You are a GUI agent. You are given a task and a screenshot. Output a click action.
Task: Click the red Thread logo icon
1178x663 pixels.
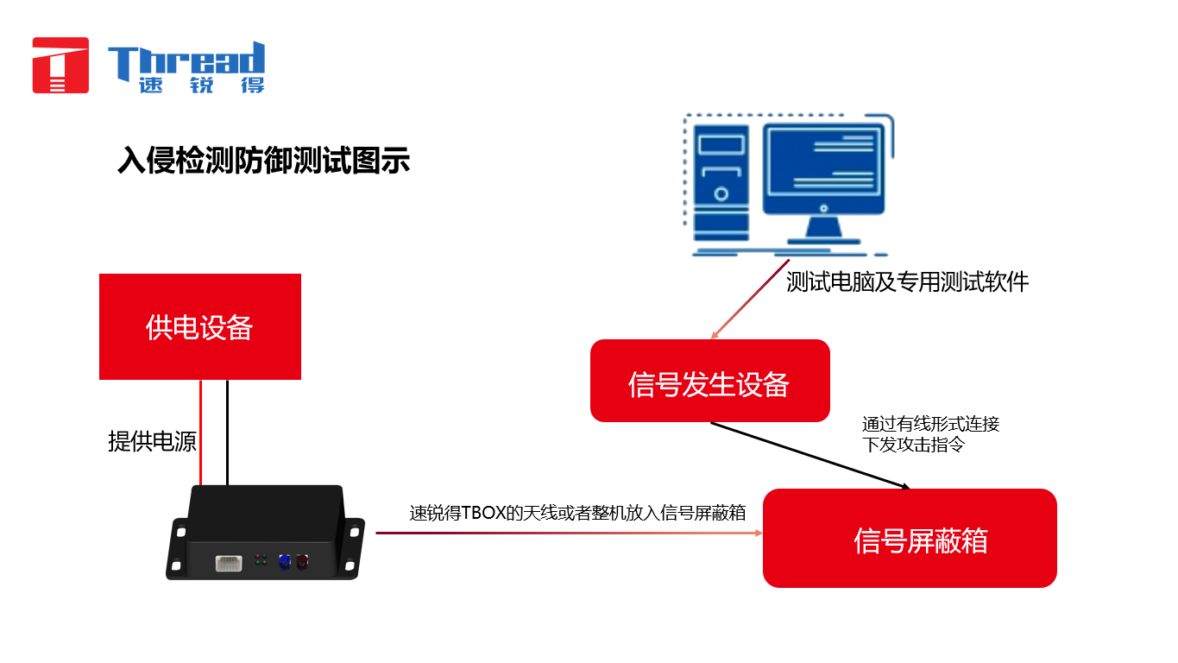point(60,66)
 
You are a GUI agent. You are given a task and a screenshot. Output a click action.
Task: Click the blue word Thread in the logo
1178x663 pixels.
point(186,60)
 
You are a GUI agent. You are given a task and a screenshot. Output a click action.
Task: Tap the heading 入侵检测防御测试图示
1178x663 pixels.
point(263,160)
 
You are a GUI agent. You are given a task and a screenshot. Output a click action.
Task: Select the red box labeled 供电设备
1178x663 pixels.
point(200,327)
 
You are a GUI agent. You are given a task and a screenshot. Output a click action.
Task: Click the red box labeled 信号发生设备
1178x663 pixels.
point(710,381)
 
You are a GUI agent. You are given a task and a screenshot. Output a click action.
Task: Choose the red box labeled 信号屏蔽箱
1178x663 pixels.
point(910,539)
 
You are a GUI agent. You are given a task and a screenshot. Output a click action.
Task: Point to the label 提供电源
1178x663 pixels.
point(152,441)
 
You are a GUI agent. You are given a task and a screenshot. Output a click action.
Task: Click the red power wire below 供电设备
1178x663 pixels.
point(201,433)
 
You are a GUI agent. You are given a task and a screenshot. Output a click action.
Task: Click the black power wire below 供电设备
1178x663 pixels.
point(227,433)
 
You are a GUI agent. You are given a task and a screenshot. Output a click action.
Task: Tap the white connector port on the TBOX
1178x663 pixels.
point(229,563)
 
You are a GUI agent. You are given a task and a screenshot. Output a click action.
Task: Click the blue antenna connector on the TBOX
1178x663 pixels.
point(285,562)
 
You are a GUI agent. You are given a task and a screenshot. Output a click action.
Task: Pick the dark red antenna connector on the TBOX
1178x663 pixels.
point(302,562)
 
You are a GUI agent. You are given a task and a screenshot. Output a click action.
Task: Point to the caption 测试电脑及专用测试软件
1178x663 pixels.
point(907,282)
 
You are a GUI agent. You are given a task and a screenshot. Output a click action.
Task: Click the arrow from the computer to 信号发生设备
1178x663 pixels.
point(751,299)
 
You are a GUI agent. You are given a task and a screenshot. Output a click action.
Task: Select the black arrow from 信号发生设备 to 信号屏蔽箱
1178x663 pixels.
point(809,456)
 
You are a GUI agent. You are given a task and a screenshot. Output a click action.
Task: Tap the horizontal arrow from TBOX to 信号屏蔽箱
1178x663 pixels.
point(569,533)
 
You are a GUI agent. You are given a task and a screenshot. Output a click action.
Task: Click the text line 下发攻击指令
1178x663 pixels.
point(913,445)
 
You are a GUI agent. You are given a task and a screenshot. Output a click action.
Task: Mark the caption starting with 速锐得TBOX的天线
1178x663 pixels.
point(577,513)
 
